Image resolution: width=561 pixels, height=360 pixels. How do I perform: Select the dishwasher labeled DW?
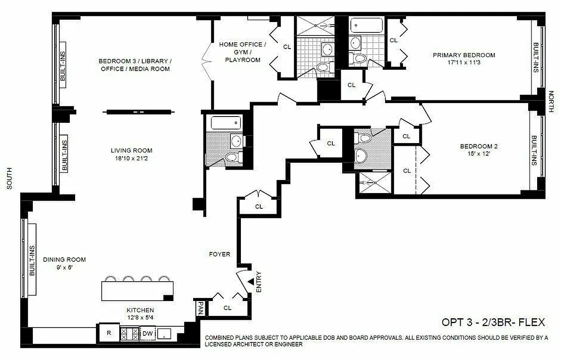coord(147,333)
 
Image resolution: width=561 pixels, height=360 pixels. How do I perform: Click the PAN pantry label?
coord(200,308)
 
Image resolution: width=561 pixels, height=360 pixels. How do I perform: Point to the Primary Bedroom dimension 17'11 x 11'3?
coord(464,63)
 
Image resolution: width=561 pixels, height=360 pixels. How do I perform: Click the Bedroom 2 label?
coord(478,146)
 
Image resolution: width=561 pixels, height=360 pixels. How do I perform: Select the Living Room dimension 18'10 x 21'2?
coord(131,158)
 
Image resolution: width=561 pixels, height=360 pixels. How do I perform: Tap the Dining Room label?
coord(64,260)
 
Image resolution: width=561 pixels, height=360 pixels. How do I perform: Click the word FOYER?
coord(219,254)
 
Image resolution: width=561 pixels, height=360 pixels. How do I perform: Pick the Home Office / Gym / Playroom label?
coord(240,52)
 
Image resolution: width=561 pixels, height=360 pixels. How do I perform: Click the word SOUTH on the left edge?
coord(9,179)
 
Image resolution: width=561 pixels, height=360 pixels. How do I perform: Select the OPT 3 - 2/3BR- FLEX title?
coord(493,322)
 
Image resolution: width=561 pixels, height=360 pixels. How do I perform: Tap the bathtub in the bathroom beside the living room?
coord(224,122)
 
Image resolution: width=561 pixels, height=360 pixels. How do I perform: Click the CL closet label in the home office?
coord(287,46)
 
